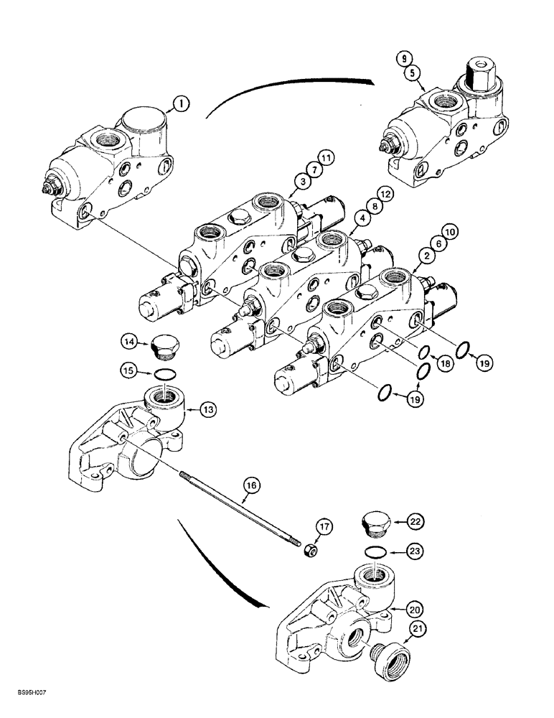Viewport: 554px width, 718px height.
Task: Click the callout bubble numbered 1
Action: coord(181,104)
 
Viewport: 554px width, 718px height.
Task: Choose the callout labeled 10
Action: coord(451,232)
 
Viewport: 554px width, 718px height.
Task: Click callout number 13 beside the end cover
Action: coord(208,410)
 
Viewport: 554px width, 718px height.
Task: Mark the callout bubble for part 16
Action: coord(250,486)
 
